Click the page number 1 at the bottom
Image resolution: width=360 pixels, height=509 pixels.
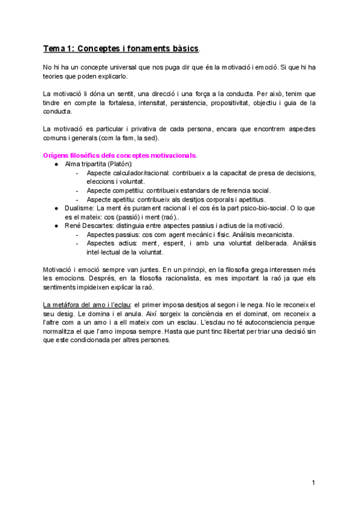313,482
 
